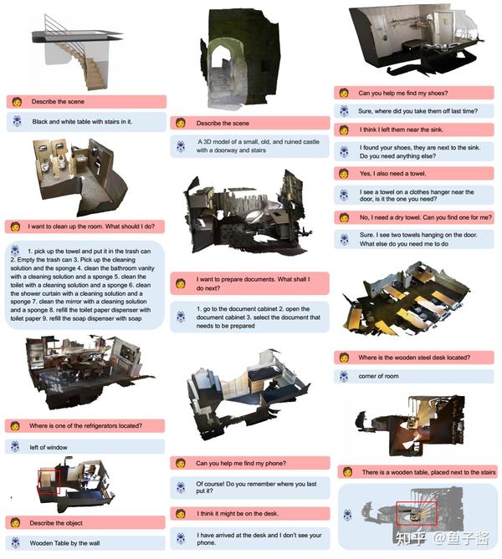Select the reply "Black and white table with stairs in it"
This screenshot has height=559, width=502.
coord(82,121)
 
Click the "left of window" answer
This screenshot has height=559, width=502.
coord(49,447)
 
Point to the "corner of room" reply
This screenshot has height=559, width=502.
coord(378,376)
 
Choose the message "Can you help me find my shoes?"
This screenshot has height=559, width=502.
coord(403,93)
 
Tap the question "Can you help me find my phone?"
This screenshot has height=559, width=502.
coord(241,463)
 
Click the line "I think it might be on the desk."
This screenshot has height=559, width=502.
coord(238,513)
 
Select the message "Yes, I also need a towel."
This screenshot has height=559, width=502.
coord(392,174)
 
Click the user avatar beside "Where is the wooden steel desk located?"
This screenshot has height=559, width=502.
coord(344,358)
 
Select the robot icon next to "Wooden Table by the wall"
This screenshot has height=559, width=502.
coord(15,542)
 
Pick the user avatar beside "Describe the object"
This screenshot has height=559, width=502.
coord(15,522)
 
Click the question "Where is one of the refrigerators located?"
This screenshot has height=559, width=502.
coord(85,425)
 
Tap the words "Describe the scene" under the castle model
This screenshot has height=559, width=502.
coord(223,124)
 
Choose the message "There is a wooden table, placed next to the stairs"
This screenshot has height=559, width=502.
coord(429,472)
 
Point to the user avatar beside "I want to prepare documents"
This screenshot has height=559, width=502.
coord(181,284)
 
